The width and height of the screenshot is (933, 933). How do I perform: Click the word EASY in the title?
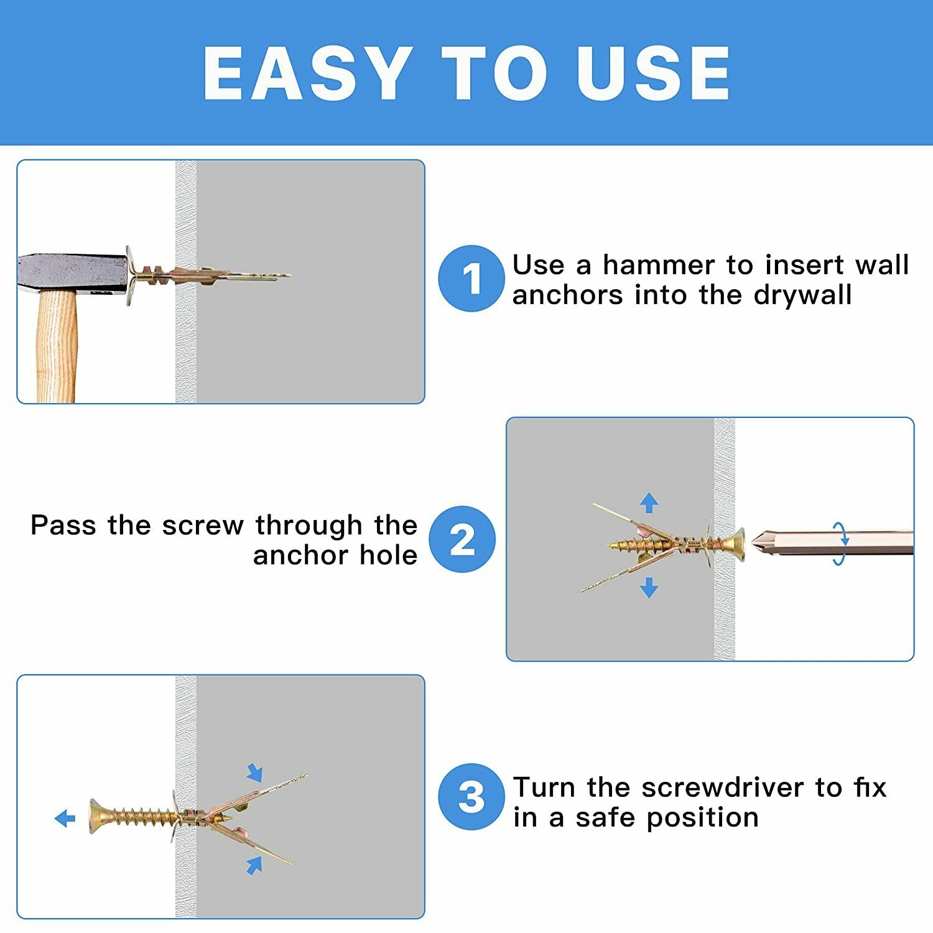pyautogui.click(x=308, y=73)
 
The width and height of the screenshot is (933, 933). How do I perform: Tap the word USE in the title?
pyautogui.click(x=653, y=73)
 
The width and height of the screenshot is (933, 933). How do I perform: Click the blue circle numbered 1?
pyautogui.click(x=471, y=278)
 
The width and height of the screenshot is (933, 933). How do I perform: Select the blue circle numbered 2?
pyautogui.click(x=463, y=539)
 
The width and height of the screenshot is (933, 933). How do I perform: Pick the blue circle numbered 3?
pyautogui.click(x=471, y=797)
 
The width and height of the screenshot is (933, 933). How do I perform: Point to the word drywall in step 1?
pyautogui.click(x=802, y=295)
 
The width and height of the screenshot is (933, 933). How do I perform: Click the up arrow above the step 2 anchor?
pyautogui.click(x=649, y=503)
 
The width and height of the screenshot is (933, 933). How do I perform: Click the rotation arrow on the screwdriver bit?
pyautogui.click(x=840, y=543)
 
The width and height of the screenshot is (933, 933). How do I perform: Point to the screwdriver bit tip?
pyautogui.click(x=754, y=542)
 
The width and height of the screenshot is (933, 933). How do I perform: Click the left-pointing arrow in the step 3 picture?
pyautogui.click(x=65, y=819)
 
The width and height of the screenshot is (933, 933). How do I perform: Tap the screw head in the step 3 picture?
pyautogui.click(x=96, y=816)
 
